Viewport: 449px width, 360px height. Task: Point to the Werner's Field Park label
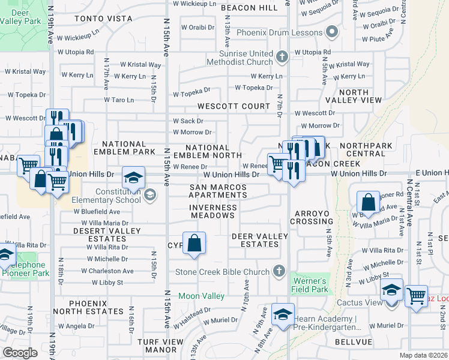point(309,285)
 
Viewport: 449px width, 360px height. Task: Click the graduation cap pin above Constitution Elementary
point(133,177)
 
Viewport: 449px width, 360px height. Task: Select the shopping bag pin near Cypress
point(194,244)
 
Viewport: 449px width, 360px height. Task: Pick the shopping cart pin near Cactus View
point(416,296)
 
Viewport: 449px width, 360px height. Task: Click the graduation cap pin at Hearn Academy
point(283,314)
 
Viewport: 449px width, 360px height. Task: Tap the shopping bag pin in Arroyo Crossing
point(368,202)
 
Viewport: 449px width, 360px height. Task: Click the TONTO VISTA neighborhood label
point(103,19)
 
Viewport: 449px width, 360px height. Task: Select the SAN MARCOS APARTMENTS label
point(218,191)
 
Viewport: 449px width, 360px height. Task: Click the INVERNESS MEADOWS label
point(213,208)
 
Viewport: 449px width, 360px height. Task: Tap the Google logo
point(20,353)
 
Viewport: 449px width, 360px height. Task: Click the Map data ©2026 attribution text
point(424,355)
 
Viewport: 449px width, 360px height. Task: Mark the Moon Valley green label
point(202,296)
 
